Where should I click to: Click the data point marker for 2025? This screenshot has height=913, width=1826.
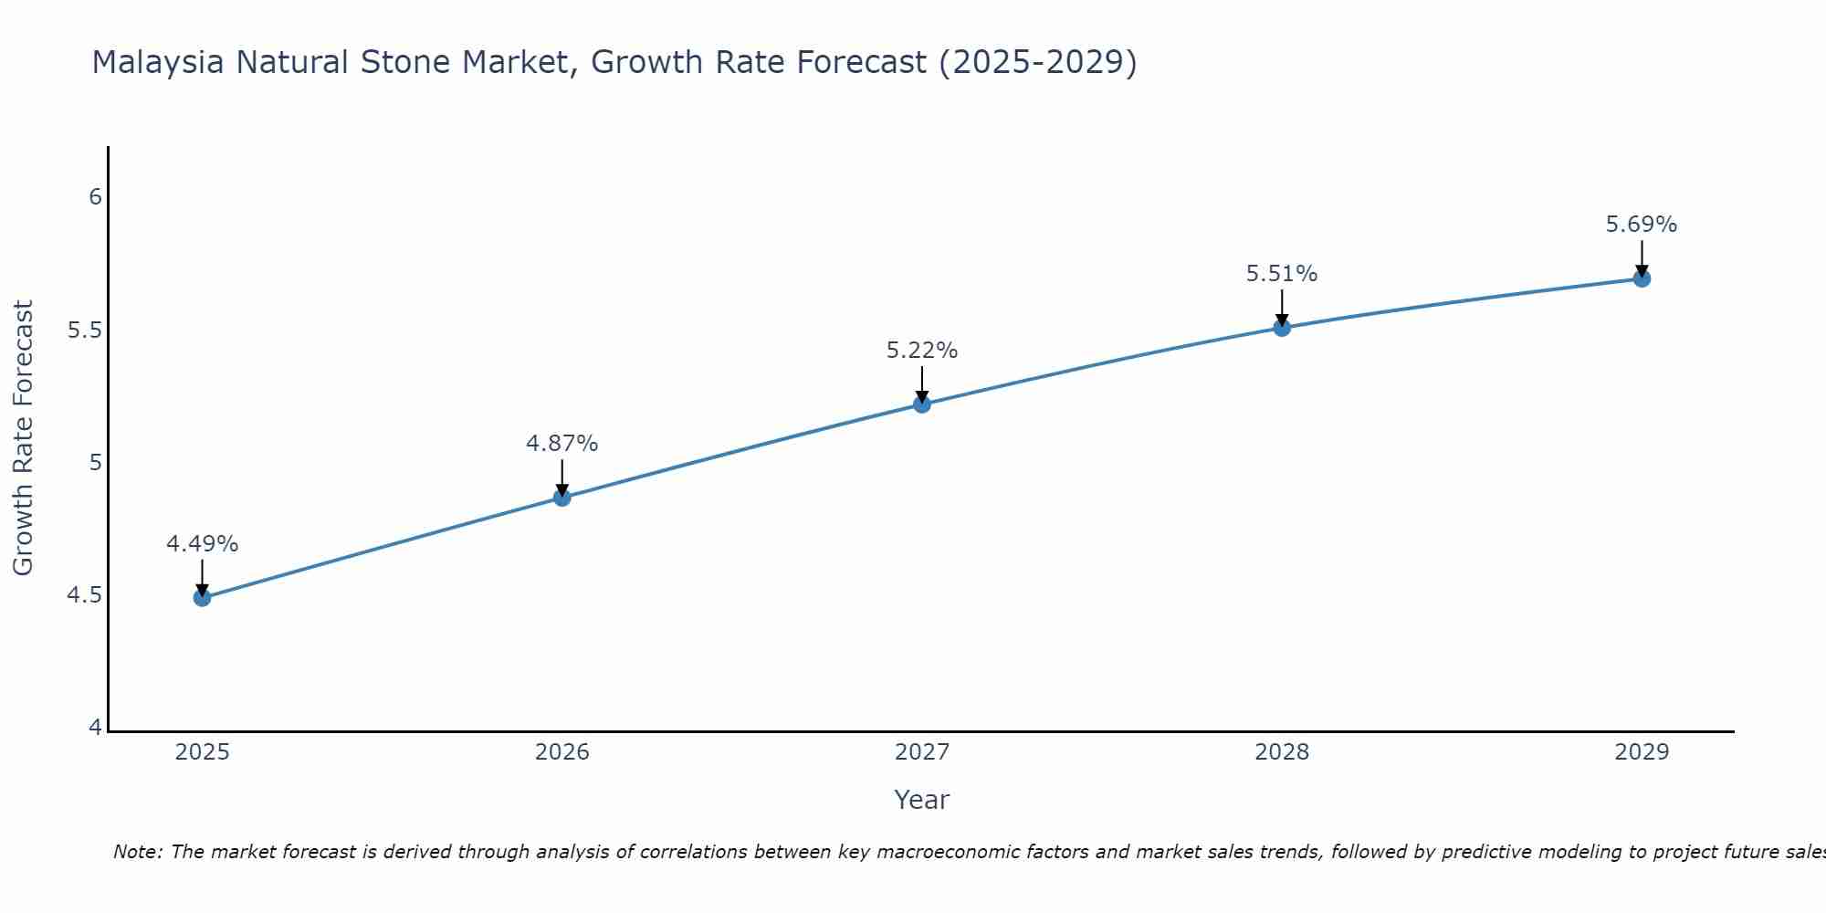[x=203, y=598]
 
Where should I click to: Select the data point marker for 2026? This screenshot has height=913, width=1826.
[x=562, y=498]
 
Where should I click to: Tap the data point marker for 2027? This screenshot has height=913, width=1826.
[x=922, y=404]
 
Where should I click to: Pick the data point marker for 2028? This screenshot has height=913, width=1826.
[x=1282, y=328]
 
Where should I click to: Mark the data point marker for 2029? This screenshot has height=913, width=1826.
[x=1642, y=278]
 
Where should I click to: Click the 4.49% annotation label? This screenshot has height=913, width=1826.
[x=203, y=544]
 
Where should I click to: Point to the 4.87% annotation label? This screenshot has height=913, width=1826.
[x=562, y=444]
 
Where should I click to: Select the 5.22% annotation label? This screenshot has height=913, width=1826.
[x=922, y=351]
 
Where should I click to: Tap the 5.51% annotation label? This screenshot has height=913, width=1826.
[x=1282, y=274]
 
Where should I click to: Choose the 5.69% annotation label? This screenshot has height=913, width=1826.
[x=1642, y=225]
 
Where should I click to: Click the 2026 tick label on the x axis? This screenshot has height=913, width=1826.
[x=562, y=752]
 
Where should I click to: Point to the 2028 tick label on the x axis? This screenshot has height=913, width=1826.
[x=1282, y=752]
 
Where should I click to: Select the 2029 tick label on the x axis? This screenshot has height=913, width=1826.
[x=1642, y=752]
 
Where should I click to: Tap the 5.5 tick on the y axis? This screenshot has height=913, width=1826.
[x=84, y=331]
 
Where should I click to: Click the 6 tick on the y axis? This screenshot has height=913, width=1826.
[x=95, y=197]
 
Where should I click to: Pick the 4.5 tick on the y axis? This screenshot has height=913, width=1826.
[x=84, y=596]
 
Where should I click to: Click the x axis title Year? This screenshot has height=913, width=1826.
[x=922, y=800]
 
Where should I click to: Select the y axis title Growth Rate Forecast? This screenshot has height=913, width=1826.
[x=24, y=438]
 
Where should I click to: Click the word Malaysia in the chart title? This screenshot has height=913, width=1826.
[x=158, y=63]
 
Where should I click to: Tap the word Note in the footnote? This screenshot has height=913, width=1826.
[x=137, y=852]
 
